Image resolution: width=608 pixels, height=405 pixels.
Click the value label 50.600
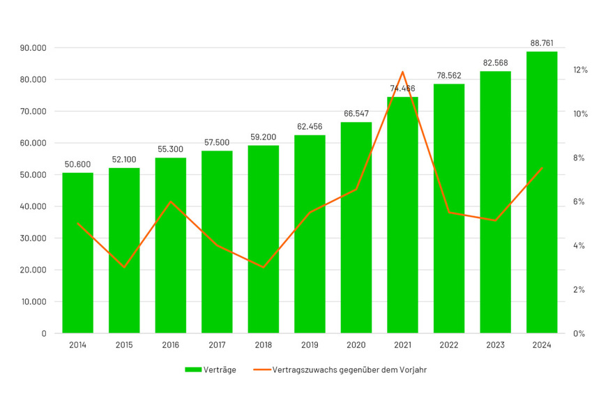point(77,165)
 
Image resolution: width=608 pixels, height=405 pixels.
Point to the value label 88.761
point(542,43)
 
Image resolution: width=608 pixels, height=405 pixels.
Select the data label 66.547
point(356,114)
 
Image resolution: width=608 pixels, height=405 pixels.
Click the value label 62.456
point(310,127)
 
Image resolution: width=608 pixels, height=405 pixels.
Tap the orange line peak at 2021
point(402,72)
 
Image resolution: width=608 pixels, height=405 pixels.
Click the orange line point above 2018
point(264,267)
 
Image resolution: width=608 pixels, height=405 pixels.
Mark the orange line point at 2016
point(171,201)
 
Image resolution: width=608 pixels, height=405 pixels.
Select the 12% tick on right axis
point(580,70)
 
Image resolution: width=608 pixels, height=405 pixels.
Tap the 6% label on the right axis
point(579,202)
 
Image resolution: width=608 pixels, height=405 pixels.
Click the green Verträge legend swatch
point(193,370)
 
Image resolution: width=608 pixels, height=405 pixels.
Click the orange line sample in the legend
point(260,370)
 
